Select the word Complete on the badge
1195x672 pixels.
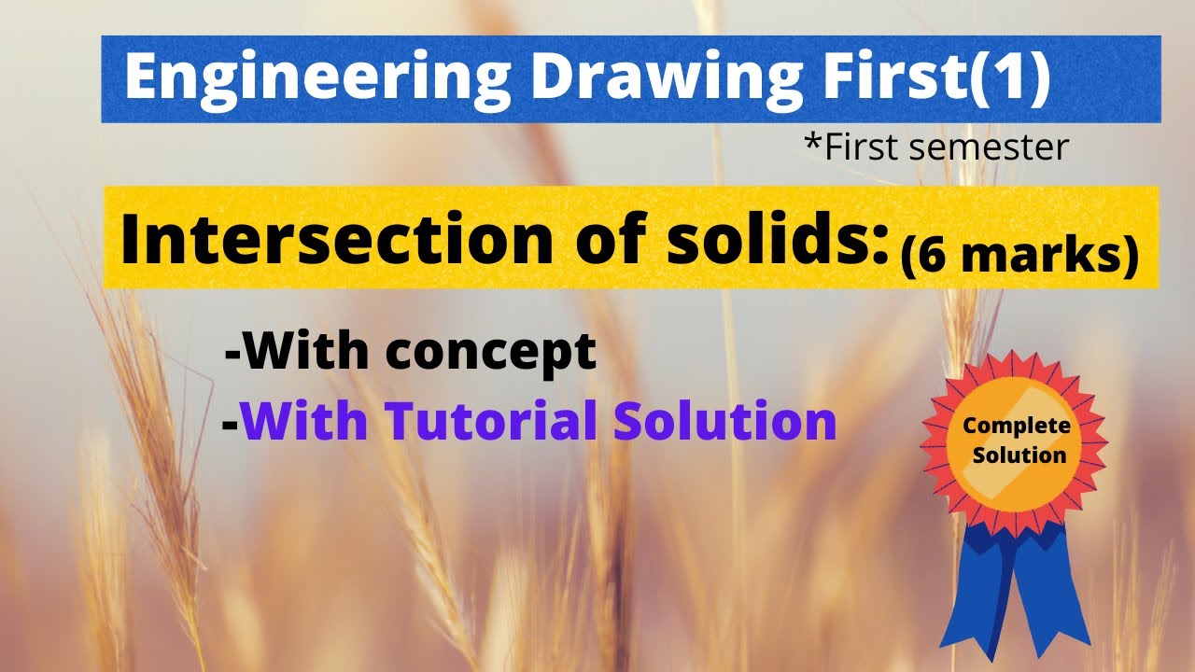(x=1017, y=427)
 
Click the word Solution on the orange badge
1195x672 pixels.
(x=1018, y=455)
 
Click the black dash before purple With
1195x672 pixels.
(x=230, y=425)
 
